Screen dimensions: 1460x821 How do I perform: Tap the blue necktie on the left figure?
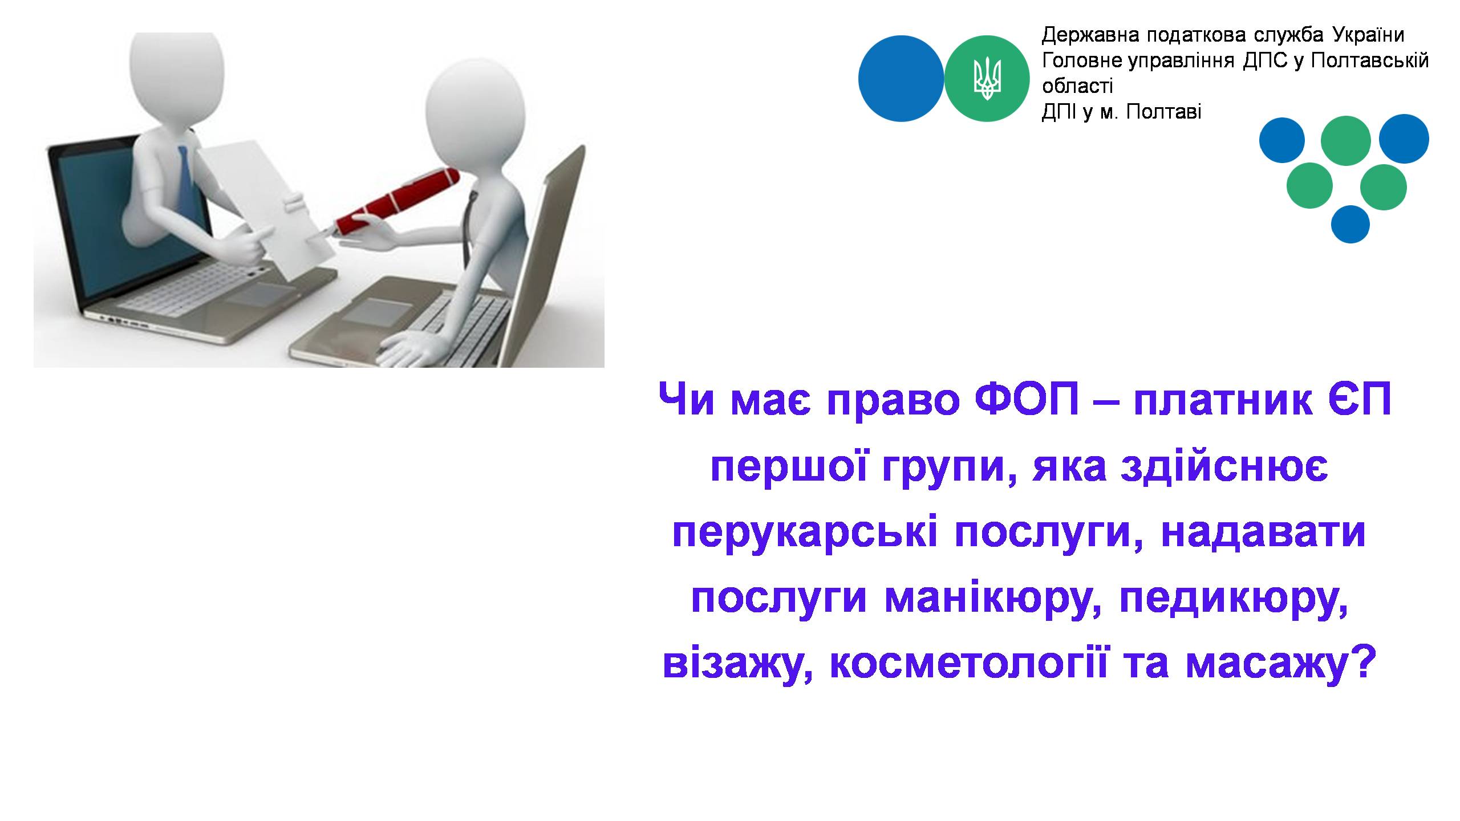pos(184,177)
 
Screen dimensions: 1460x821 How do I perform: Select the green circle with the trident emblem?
pos(987,79)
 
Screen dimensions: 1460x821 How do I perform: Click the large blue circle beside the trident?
pos(901,79)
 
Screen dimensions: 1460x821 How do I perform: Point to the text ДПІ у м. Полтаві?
pos(1121,112)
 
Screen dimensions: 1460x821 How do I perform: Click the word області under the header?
pos(1077,87)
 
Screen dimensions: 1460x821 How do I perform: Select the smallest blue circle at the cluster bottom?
pos(1350,225)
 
